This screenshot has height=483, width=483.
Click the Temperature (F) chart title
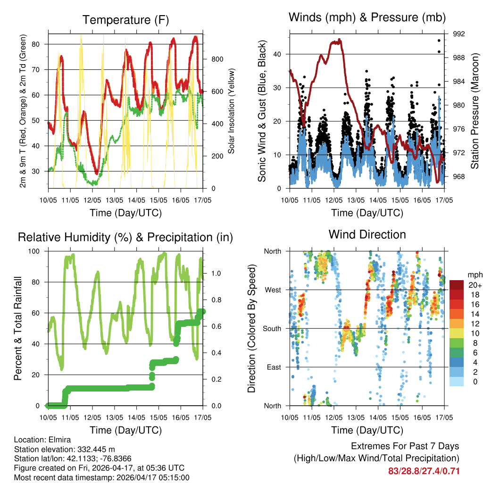(x=125, y=20)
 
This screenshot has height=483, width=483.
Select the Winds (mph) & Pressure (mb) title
(x=367, y=18)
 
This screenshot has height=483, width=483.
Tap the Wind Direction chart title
(x=367, y=234)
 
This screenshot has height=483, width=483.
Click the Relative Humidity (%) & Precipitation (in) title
(x=125, y=237)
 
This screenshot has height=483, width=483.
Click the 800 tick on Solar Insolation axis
(x=217, y=59)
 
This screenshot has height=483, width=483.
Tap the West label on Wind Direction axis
(x=273, y=290)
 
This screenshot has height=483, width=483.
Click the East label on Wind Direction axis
(x=273, y=367)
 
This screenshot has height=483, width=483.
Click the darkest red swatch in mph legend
(x=457, y=285)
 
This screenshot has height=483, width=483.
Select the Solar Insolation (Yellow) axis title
(x=232, y=111)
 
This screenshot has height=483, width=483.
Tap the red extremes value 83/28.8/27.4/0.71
(x=424, y=471)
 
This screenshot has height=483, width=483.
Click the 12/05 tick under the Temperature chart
(x=92, y=200)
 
